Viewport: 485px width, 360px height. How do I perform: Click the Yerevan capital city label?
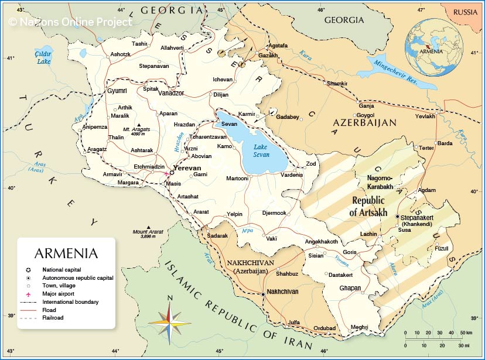(x=187, y=167)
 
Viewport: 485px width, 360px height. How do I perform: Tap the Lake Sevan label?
(x=261, y=150)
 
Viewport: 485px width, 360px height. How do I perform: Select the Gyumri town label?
(x=117, y=91)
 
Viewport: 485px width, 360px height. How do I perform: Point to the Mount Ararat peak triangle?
(x=149, y=228)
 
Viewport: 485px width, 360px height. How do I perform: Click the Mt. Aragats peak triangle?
(x=139, y=125)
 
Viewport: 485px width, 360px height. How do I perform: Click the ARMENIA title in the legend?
(x=66, y=253)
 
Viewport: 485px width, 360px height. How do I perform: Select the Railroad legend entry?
(x=52, y=318)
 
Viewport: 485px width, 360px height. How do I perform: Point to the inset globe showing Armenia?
(x=433, y=47)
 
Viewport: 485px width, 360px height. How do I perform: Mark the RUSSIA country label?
(x=466, y=12)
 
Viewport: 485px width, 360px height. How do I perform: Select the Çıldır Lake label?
(x=43, y=57)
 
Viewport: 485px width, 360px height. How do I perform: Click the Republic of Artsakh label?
(x=368, y=206)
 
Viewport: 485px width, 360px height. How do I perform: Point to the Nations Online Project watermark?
(x=70, y=22)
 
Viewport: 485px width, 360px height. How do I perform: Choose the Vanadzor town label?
(x=172, y=93)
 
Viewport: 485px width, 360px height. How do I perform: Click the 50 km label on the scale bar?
(x=465, y=333)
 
